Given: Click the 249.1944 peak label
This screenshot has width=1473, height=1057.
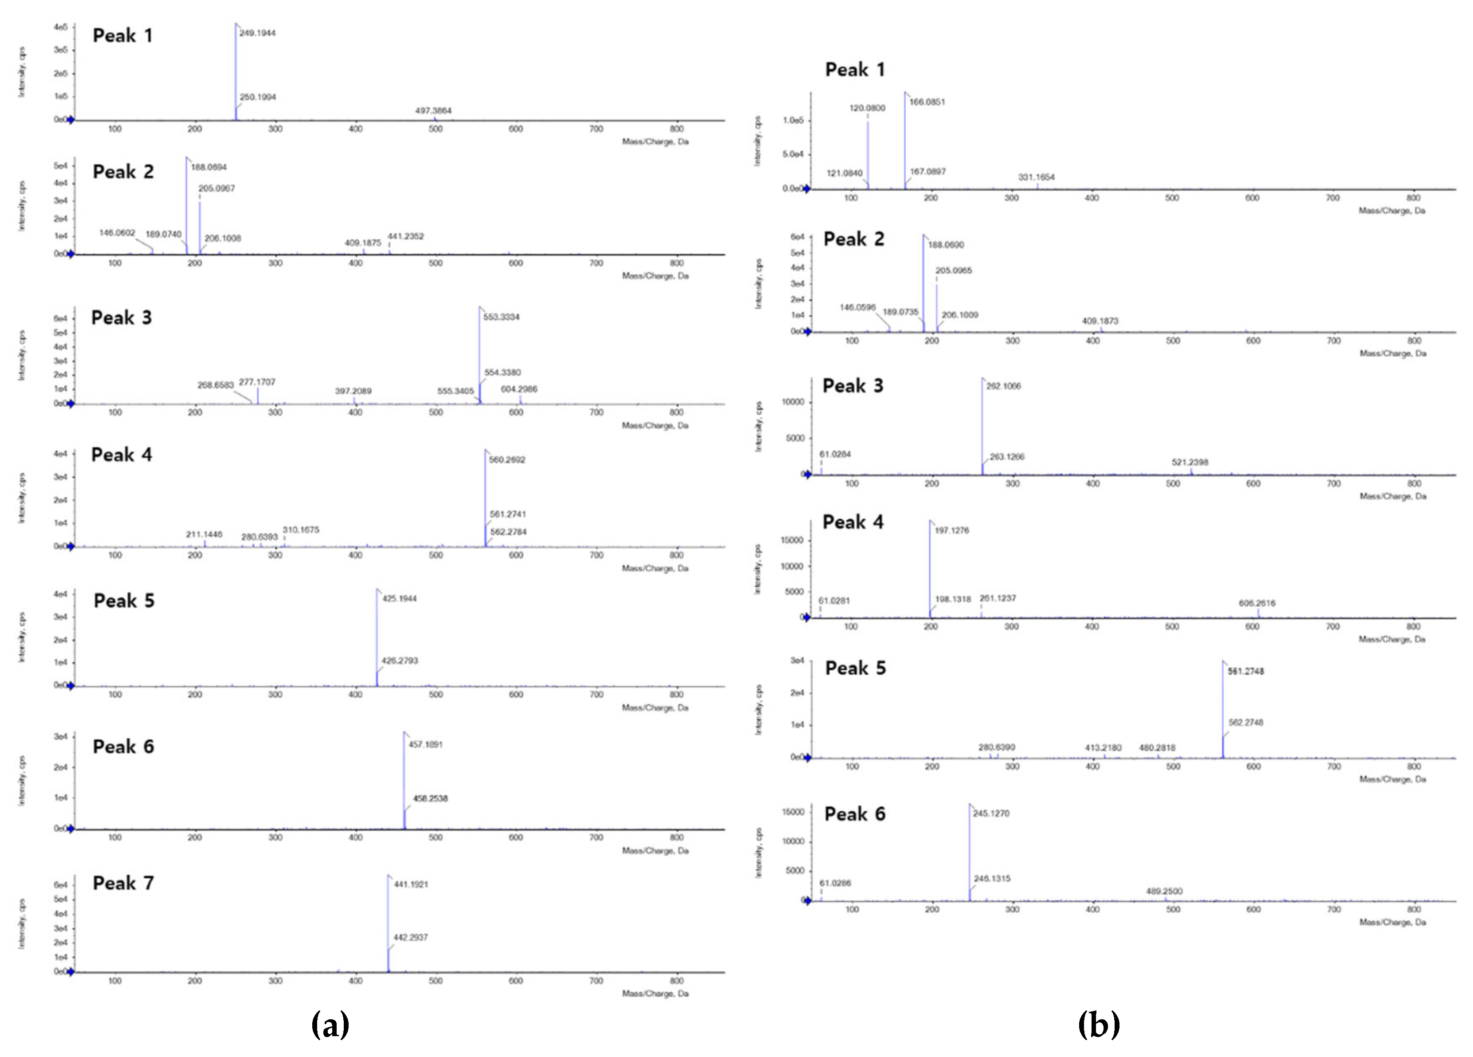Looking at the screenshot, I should tap(257, 33).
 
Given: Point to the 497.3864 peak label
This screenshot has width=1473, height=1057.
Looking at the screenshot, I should tap(433, 110).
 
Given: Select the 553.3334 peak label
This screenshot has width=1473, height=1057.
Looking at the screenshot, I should tap(501, 317).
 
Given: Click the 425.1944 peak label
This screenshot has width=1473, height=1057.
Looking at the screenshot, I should tap(400, 598).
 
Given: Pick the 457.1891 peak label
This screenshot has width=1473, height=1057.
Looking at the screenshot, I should tap(425, 744).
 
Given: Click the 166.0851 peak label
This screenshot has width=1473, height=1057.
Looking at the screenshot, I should tap(927, 102).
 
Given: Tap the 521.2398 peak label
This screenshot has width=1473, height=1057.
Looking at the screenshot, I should tap(1190, 463).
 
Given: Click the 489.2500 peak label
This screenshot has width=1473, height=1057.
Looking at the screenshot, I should tap(1164, 892).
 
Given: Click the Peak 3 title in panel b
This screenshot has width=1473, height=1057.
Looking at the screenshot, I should tap(853, 386).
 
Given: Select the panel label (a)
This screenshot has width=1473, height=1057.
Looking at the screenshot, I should tap(330, 1025).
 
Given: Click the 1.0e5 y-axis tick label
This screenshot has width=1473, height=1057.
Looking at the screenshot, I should tap(793, 120).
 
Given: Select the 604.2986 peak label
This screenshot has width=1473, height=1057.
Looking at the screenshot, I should tap(519, 389).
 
